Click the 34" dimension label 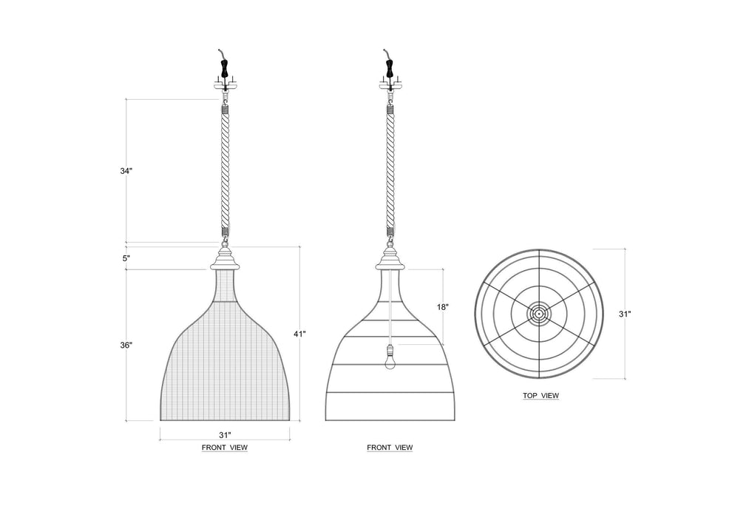coord(127,171)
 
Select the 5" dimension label coord(127,258)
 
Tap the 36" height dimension coord(127,346)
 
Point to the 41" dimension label coord(299,334)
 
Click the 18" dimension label coord(443,306)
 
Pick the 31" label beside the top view coord(625,314)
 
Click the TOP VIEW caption coord(540,396)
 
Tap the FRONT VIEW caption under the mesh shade coord(224,448)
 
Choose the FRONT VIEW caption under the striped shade coord(390,448)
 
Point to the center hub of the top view coord(540,313)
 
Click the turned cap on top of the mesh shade coord(225,260)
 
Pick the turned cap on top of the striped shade coord(390,260)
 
